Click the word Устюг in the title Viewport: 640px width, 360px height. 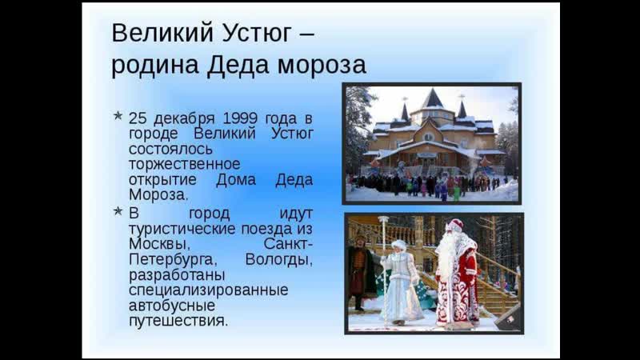tap(257, 34)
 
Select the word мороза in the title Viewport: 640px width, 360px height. tap(322, 66)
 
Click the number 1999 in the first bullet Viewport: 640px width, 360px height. tap(240, 118)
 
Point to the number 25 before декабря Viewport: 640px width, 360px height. tap(138, 118)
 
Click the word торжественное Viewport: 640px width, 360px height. tap(185, 164)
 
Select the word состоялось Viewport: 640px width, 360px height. tap(170, 149)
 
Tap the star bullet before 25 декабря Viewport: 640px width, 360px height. tap(118, 116)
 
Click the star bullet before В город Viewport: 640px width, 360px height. tap(118, 211)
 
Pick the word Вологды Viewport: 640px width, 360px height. tap(278, 259)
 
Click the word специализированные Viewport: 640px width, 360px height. tap(209, 290)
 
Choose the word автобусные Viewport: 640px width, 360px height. tap(172, 306)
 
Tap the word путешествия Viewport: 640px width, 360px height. tap(178, 321)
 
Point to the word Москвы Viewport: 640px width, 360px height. tap(159, 244)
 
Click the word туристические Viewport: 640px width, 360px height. tap(182, 229)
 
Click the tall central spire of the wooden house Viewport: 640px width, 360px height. tap(432, 99)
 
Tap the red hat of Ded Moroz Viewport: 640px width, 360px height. tap(455, 225)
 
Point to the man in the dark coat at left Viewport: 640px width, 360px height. tap(359, 271)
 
